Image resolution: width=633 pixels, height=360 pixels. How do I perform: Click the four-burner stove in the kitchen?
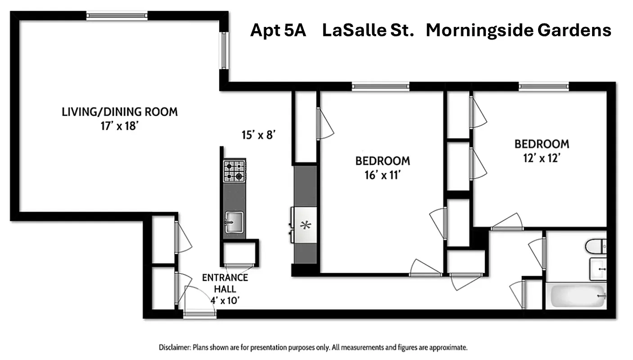pos(234,171)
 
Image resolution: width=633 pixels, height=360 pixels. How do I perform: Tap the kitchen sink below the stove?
pos(234,222)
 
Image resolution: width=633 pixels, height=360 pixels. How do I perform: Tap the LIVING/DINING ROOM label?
pos(120,112)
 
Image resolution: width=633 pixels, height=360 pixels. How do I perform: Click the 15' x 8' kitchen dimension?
pos(258,135)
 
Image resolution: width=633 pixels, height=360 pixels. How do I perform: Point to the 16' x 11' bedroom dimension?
pos(382,175)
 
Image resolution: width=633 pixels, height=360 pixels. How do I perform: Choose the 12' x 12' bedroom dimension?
pos(542,158)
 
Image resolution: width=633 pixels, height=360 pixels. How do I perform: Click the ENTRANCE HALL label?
pos(225,283)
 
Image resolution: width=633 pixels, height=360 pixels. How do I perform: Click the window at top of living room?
pos(117,16)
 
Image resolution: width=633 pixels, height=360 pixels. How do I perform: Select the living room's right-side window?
pos(224,50)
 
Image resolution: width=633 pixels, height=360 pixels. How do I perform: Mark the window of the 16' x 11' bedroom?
pos(381,86)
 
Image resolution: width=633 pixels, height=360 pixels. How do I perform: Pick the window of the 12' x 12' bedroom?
pos(543,86)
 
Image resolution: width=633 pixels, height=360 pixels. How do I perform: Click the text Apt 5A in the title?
pos(278,31)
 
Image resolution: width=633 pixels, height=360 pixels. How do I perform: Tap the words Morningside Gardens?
pos(518,31)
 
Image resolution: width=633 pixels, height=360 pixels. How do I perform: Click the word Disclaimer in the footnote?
pos(175,348)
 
